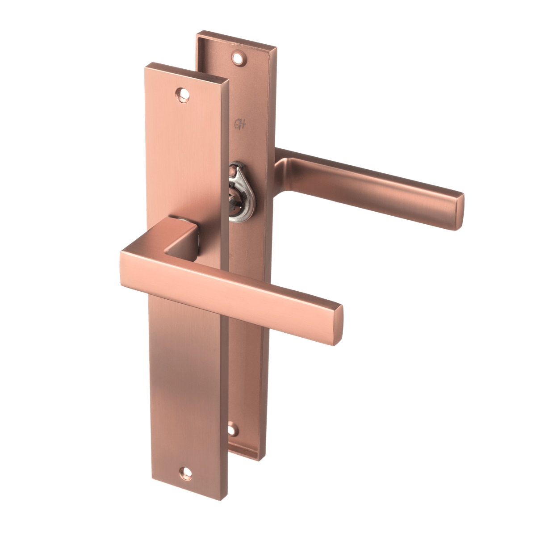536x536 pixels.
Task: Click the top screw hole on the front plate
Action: [x=183, y=95]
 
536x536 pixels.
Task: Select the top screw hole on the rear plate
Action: [x=238, y=58]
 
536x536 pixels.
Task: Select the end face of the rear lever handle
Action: [x=460, y=212]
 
